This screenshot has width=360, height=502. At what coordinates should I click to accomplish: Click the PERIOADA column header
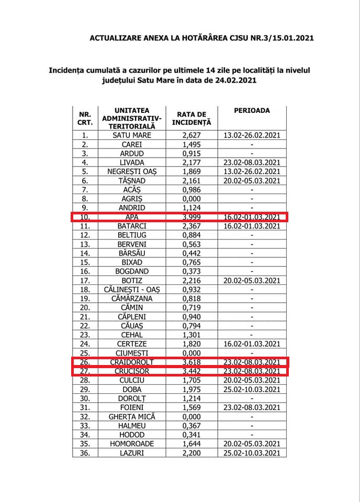[252, 111]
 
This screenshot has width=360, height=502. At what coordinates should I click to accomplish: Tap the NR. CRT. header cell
[85, 118]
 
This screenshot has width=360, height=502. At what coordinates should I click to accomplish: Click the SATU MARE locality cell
[132, 135]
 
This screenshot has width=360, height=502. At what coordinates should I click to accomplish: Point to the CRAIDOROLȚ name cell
[132, 361]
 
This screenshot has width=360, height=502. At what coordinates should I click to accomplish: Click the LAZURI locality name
[132, 452]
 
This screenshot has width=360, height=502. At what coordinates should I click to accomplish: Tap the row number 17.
[85, 280]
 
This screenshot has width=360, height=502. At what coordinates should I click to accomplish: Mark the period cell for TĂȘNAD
[252, 180]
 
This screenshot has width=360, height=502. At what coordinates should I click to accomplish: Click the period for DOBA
[252, 389]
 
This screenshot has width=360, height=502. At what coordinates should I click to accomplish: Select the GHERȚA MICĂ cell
[132, 416]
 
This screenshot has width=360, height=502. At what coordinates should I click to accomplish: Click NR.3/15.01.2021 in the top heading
[279, 38]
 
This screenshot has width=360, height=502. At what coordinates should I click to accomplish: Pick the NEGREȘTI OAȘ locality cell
[132, 172]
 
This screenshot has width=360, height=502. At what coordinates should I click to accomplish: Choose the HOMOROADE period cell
[252, 443]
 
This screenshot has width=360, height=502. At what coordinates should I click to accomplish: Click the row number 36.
[85, 452]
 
